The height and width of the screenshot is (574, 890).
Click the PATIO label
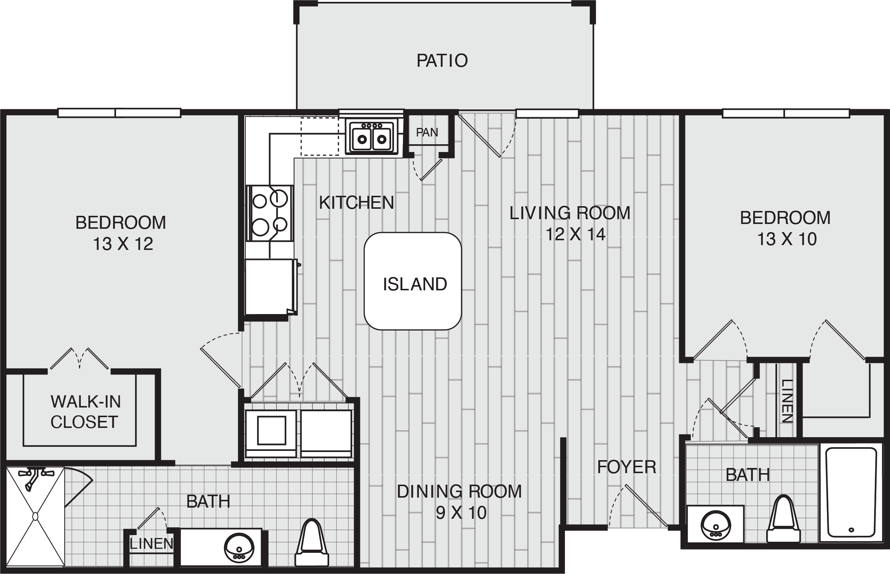pyautogui.click(x=442, y=60)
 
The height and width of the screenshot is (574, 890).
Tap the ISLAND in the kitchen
pyautogui.click(x=413, y=281)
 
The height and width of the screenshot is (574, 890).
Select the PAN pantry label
pyautogui.click(x=427, y=132)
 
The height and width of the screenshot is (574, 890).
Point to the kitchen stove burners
pyautogui.click(x=270, y=213)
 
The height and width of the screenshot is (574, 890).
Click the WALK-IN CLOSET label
pyautogui.click(x=85, y=412)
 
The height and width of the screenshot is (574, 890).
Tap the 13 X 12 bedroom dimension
pyautogui.click(x=123, y=244)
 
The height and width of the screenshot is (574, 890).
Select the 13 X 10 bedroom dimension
pyautogui.click(x=787, y=239)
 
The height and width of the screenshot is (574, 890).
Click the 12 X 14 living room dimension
pyautogui.click(x=575, y=234)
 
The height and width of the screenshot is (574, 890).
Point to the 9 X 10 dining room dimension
pyautogui.click(x=461, y=513)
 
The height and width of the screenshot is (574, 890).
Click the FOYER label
pyautogui.click(x=626, y=467)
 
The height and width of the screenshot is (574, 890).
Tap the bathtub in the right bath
pyautogui.click(x=851, y=492)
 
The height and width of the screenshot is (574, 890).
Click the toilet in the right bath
pyautogui.click(x=783, y=519)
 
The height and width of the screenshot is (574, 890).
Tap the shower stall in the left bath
pyautogui.click(x=35, y=516)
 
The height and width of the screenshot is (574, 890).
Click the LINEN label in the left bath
pyautogui.click(x=152, y=544)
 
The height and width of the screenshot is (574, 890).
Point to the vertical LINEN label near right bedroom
pyautogui.click(x=787, y=401)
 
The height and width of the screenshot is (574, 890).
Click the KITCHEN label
pyautogui.click(x=357, y=203)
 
